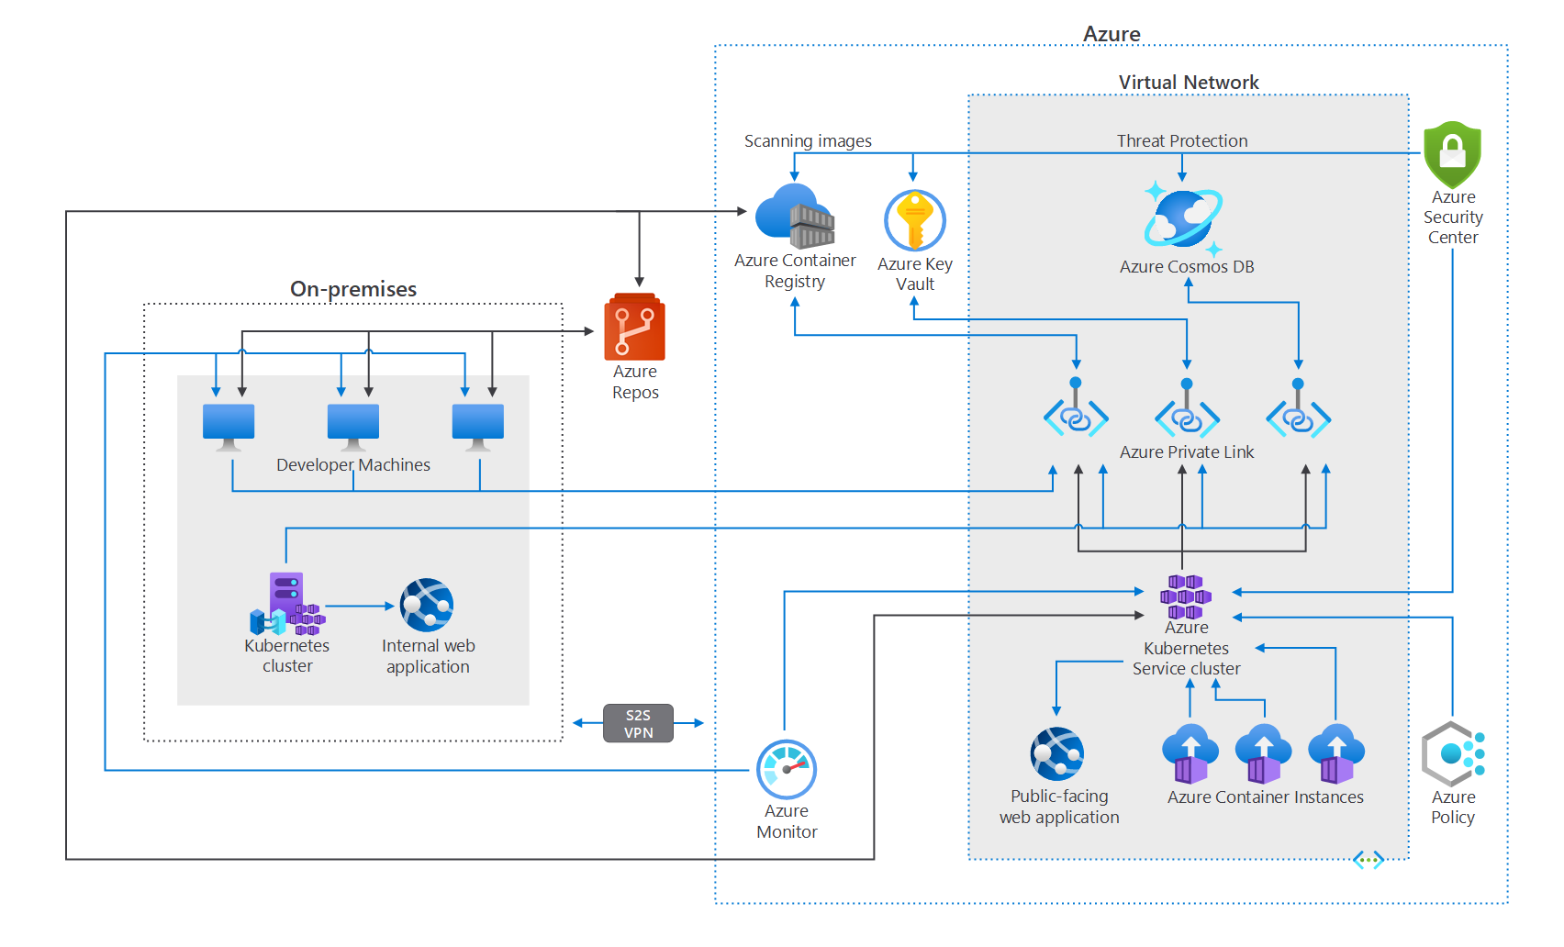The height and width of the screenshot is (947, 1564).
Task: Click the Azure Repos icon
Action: tap(634, 327)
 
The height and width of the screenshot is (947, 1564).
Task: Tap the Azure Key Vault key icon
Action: tap(915, 220)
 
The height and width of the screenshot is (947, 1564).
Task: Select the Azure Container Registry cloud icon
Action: tap(795, 216)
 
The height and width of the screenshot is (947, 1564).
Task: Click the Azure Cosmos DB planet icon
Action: tap(1183, 217)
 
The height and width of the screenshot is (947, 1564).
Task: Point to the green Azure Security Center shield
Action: tap(1452, 154)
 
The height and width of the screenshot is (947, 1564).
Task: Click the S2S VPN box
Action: tap(638, 723)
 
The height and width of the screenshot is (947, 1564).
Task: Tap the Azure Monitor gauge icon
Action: tap(787, 769)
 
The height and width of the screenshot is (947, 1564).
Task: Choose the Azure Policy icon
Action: tap(1452, 753)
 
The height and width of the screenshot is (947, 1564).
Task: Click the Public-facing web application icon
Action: tap(1057, 753)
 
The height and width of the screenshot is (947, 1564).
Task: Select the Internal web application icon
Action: tap(427, 605)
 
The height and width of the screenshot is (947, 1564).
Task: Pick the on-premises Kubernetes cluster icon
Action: tap(287, 604)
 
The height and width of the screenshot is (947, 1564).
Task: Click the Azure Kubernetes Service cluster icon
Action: tap(1186, 596)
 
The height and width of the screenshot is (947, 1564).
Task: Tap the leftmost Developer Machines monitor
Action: tap(229, 427)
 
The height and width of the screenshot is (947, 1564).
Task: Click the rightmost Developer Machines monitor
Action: tap(478, 427)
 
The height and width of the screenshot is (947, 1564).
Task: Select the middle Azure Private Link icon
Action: tap(1187, 409)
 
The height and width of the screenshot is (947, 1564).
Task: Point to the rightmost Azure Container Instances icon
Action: tap(1335, 753)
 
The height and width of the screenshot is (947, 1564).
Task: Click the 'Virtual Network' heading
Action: tap(1189, 83)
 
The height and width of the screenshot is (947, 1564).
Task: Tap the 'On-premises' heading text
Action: tap(353, 289)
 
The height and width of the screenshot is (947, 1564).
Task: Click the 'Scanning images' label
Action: tap(808, 141)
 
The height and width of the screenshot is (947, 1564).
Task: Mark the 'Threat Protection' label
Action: tap(1182, 141)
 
